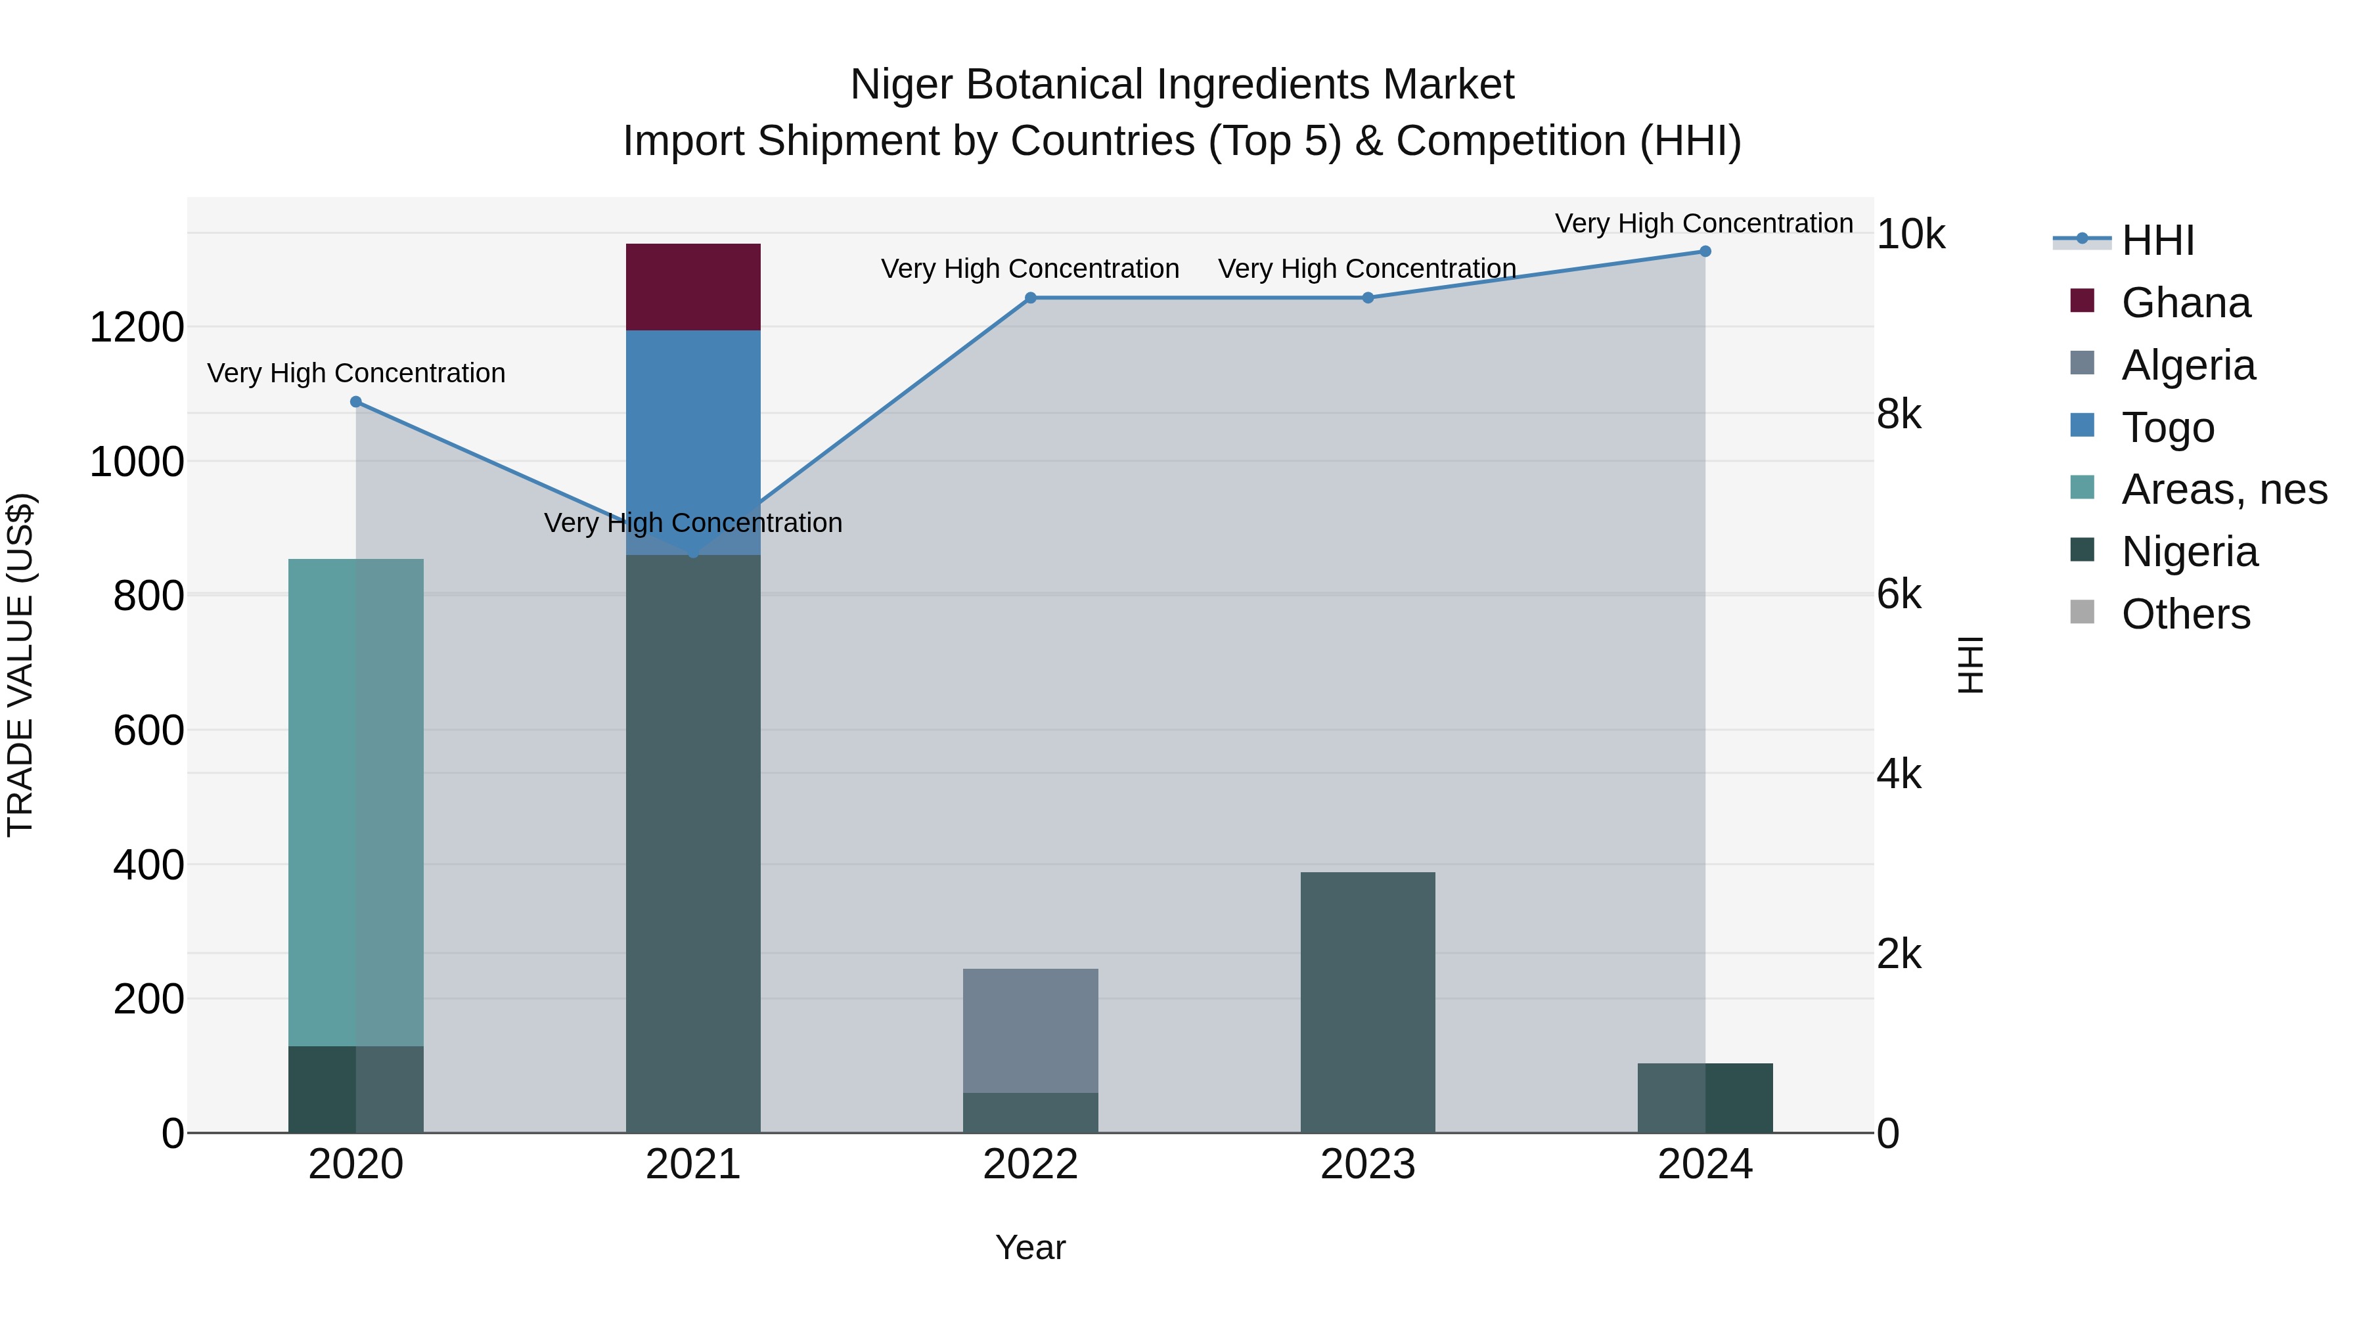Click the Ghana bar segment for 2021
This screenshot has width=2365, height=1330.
point(693,287)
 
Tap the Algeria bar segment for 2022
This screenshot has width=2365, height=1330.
point(1030,1031)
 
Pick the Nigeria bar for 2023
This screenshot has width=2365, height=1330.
point(1367,1002)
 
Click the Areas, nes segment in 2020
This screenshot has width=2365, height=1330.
point(355,802)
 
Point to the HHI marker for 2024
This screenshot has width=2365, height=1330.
point(1705,252)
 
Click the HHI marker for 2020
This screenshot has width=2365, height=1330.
point(356,402)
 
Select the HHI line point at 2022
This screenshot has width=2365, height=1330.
point(1030,298)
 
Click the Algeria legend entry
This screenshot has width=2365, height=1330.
point(2188,365)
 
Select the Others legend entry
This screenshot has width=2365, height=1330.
point(2185,614)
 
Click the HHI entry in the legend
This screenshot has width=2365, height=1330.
point(2157,240)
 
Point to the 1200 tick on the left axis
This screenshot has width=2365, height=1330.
point(137,328)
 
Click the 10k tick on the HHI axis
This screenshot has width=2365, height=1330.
point(1910,235)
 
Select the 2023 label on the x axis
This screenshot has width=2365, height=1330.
point(1367,1164)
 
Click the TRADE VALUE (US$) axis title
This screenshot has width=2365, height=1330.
point(21,665)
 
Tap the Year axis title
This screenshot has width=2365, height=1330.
point(1030,1247)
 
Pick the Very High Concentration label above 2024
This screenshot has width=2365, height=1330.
point(1703,223)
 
